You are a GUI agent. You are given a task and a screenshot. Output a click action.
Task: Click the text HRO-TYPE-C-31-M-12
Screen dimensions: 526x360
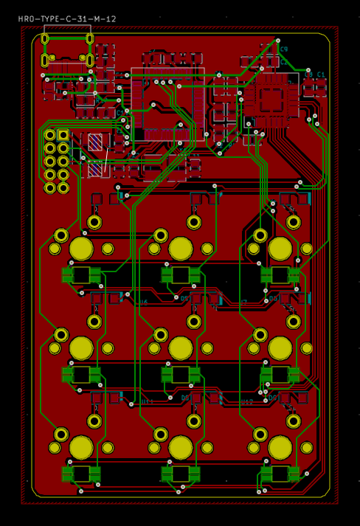click(x=67, y=19)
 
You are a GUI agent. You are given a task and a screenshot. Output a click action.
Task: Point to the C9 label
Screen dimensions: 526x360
click(x=284, y=49)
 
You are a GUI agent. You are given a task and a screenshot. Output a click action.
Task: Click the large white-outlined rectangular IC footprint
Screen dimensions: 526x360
click(x=167, y=103)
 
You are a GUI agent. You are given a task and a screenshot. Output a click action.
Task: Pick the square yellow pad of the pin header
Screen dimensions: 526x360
click(x=63, y=135)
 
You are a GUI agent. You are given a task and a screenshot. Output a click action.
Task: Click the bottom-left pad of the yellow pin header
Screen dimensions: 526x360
click(x=49, y=188)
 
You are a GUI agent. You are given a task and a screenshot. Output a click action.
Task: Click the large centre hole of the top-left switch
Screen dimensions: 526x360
click(x=81, y=249)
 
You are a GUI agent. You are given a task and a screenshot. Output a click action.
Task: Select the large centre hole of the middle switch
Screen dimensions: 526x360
click(x=181, y=347)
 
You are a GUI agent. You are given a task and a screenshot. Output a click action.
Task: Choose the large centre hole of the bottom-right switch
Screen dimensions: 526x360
click(x=280, y=447)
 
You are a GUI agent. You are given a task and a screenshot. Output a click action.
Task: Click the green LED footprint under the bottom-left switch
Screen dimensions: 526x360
click(x=81, y=474)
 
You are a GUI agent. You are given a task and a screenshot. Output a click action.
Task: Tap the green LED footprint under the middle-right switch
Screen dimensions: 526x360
click(x=280, y=375)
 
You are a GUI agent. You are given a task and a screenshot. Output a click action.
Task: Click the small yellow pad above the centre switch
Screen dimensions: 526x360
click(x=194, y=322)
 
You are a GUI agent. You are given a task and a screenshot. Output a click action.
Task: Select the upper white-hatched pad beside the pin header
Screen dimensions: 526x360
click(x=95, y=141)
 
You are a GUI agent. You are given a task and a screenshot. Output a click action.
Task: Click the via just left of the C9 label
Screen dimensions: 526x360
click(x=278, y=41)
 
